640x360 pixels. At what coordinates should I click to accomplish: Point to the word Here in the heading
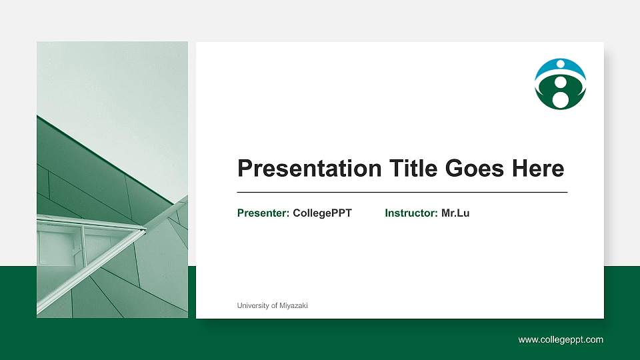[537, 169]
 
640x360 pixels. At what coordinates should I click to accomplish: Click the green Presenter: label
[263, 213]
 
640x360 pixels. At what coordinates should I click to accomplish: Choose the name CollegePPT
[322, 213]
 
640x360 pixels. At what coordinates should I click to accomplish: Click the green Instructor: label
[411, 213]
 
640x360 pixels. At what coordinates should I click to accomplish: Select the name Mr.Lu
[455, 213]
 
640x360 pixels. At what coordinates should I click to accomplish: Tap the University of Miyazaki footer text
[272, 305]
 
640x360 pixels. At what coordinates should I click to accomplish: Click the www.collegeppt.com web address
[561, 340]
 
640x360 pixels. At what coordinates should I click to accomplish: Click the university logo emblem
[560, 84]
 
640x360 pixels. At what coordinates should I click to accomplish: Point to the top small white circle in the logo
[560, 65]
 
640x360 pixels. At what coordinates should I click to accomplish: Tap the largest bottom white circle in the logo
[561, 99]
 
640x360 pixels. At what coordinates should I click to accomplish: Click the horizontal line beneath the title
[402, 192]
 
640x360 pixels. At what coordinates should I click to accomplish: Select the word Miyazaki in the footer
[294, 305]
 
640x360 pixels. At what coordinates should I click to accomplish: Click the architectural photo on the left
[112, 179]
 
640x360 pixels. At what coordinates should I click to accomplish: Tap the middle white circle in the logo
[561, 82]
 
